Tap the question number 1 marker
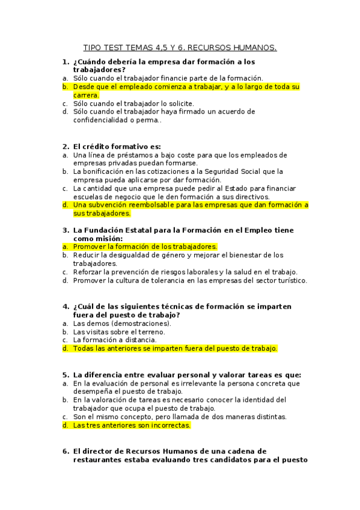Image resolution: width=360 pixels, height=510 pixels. tap(65, 61)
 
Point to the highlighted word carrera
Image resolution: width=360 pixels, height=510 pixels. tap(86, 95)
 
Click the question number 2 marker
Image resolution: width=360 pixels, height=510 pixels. tap(65, 146)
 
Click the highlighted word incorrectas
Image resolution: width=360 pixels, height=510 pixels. tap(168, 425)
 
